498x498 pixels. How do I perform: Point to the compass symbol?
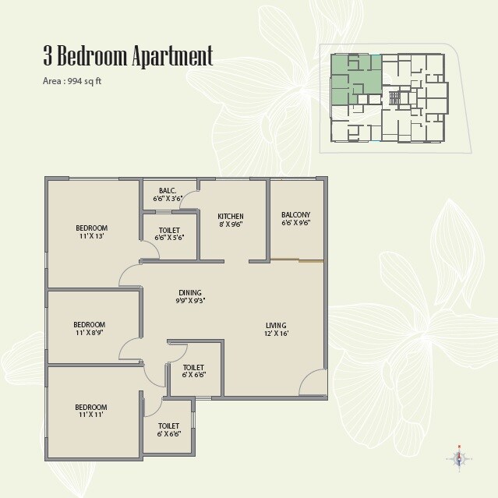460,458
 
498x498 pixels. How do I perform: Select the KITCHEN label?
231,216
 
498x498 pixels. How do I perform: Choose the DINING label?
190,293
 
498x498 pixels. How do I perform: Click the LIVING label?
276,325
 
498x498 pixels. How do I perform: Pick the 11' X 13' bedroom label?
90,235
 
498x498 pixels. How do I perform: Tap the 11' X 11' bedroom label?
90,415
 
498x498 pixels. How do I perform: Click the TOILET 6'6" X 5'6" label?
168,234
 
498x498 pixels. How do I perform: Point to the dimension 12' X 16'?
276,334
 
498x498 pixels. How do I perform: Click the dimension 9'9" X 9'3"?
190,301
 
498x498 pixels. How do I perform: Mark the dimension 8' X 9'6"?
231,224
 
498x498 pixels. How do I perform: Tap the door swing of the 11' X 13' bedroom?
130,274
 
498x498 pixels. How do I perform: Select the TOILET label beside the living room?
193,367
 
